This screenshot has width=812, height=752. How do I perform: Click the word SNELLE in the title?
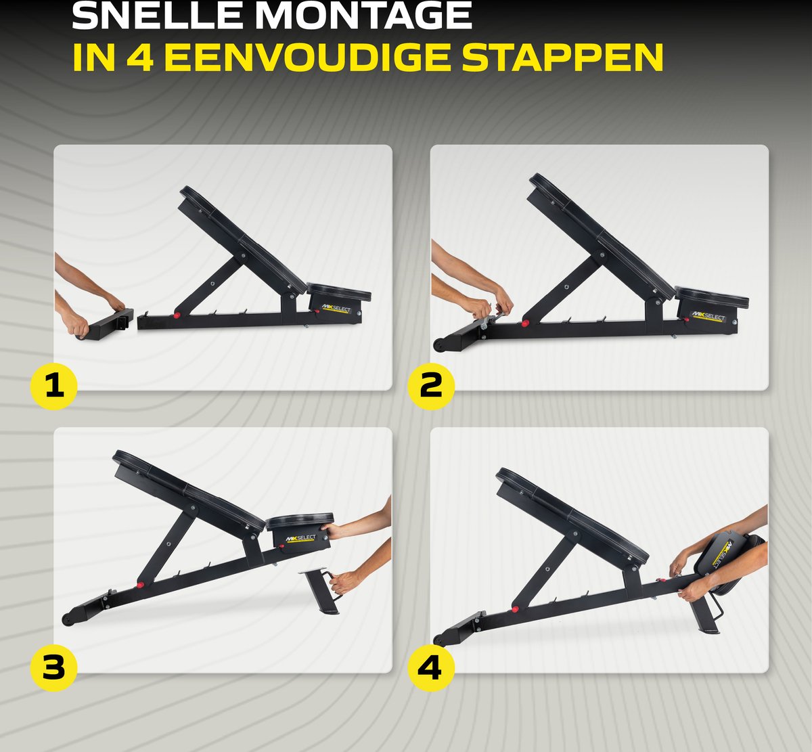pos(158,16)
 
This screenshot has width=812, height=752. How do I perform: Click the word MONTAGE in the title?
pos(365,16)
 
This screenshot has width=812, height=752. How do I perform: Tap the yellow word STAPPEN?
pos(562,57)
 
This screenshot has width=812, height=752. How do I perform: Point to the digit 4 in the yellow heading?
pos(140,57)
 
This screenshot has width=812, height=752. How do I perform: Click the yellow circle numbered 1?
pos(54,386)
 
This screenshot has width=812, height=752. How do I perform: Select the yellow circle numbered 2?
pos(431,386)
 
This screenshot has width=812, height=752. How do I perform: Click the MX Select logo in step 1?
pos(336,308)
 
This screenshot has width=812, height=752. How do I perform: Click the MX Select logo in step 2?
pos(708,317)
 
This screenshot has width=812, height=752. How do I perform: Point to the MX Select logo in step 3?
pos(300,538)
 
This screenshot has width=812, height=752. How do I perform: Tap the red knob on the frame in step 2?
pos(525,324)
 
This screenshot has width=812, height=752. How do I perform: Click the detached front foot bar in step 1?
pos(105,324)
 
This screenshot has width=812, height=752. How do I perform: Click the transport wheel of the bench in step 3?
pos(66,619)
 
